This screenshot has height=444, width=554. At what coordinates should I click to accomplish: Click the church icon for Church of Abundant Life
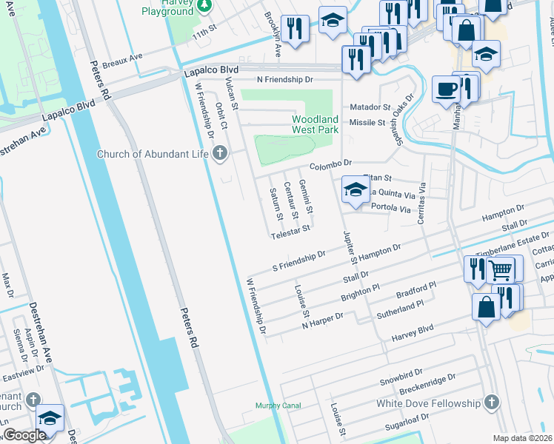[x=219, y=154]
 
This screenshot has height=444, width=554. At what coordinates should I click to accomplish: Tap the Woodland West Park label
[x=315, y=124]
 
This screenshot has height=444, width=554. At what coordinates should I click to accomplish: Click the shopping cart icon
[x=501, y=270]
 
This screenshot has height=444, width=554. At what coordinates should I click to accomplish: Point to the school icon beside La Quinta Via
[x=356, y=189]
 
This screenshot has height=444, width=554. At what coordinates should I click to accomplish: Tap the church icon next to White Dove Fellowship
[x=490, y=403]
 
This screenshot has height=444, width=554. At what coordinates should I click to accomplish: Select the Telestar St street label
[x=290, y=230]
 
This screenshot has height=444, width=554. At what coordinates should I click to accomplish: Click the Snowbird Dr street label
[x=400, y=376]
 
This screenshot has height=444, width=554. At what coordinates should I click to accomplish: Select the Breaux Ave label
[x=122, y=57]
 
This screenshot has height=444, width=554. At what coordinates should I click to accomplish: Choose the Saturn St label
[x=274, y=201]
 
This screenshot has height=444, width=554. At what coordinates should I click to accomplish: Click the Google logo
[x=24, y=435]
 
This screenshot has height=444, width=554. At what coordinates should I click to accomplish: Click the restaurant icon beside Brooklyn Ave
[x=295, y=29]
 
